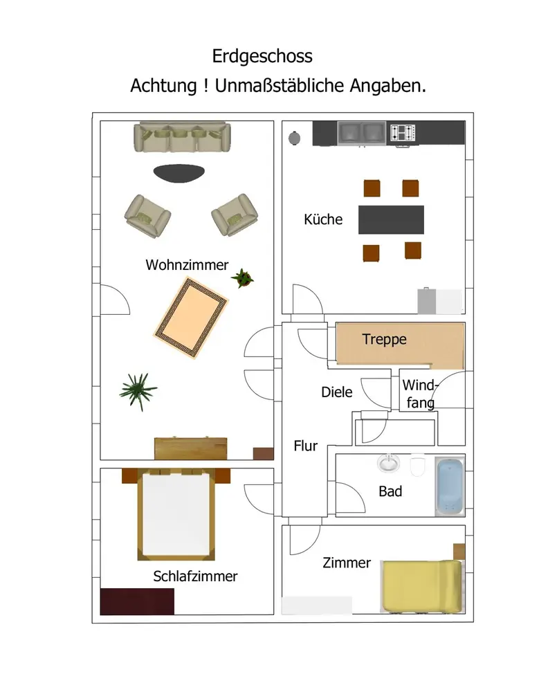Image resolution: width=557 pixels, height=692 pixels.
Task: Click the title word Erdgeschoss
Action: point(262,56)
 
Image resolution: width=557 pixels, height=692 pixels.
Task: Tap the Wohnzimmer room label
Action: point(187,264)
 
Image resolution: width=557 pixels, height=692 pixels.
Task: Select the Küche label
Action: point(323,219)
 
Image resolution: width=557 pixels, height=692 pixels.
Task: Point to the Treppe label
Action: point(384,339)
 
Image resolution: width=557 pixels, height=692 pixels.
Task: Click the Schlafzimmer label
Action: point(195,576)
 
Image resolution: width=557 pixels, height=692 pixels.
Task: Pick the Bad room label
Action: point(390,492)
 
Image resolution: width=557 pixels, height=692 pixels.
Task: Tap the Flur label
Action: point(305,446)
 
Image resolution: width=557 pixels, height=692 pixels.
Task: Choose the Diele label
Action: point(336,392)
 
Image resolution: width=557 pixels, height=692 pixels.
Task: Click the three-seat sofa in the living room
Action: point(181,137)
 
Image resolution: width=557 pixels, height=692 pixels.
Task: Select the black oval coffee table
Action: point(179,173)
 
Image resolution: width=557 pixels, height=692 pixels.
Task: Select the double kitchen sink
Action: point(362,132)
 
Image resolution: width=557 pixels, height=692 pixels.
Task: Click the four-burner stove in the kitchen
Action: point(403,133)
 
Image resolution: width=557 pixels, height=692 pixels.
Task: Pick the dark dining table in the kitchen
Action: point(391,219)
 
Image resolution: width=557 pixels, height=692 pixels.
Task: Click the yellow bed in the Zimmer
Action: point(421,587)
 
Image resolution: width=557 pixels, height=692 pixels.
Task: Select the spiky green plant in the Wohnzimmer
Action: point(138,391)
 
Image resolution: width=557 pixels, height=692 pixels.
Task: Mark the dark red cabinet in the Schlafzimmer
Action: point(137,601)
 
